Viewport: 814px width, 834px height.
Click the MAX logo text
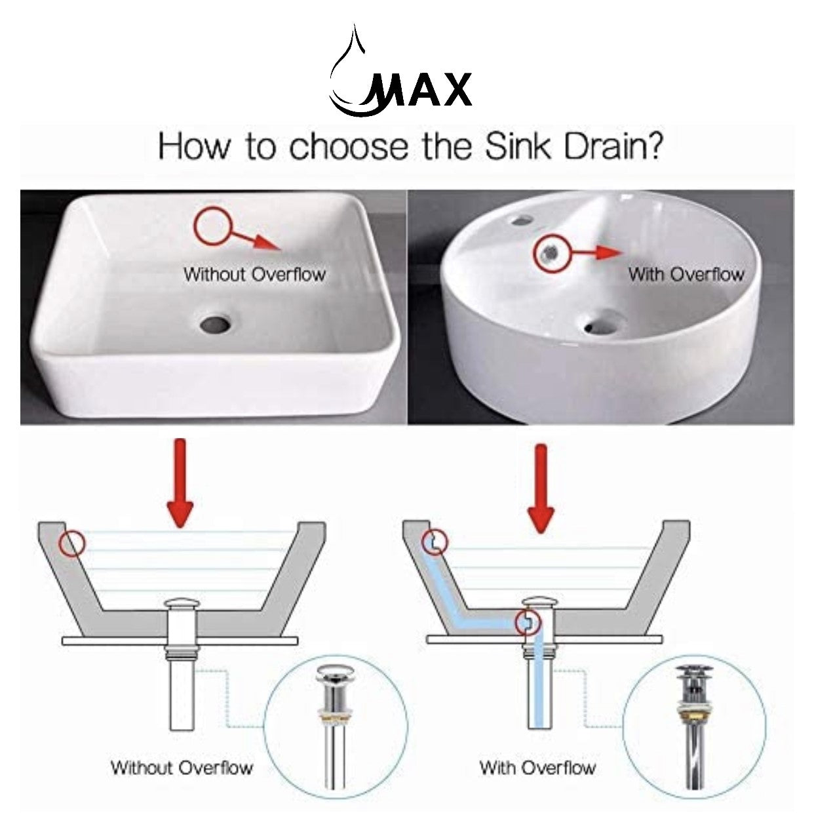(x=419, y=90)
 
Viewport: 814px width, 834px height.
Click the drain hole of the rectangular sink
(x=216, y=323)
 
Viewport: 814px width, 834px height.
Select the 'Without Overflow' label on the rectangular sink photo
(x=254, y=274)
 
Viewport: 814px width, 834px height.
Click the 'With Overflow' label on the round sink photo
(x=686, y=274)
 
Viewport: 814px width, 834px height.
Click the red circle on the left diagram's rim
(x=73, y=544)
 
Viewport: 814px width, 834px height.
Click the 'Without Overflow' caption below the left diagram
(x=182, y=768)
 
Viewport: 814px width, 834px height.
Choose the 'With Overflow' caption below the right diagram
(x=537, y=768)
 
